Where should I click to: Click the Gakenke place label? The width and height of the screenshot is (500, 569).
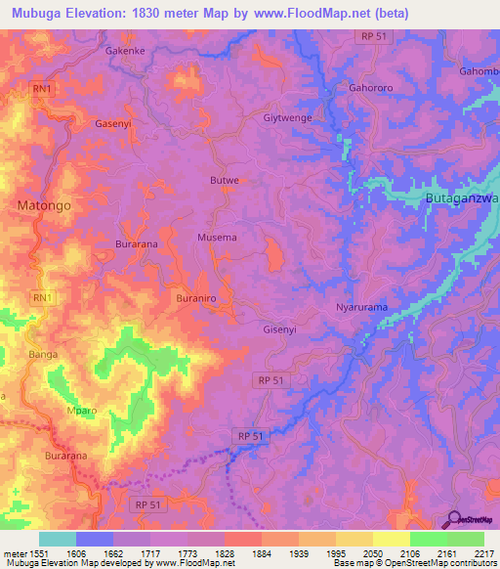pos(126,48)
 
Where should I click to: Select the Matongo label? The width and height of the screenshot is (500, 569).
pos(43,205)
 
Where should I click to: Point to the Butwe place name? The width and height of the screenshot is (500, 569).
pos(225,181)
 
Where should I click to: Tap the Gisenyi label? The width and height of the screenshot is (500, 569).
pos(283,329)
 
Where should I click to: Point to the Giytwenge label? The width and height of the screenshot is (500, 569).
pos(289,117)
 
